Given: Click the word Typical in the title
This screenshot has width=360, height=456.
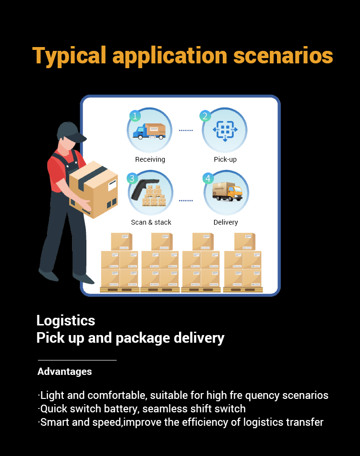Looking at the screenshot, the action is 69,56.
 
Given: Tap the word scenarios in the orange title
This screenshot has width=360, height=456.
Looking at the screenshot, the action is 283,55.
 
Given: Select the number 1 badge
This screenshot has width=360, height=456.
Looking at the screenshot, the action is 135,116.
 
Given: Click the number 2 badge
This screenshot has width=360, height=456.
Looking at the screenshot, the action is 205,116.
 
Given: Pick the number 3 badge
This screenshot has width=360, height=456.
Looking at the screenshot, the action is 132,178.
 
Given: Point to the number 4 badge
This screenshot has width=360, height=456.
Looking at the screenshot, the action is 208,178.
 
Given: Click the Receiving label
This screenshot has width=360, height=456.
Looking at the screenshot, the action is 150,159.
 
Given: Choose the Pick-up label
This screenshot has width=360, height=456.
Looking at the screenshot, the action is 226,159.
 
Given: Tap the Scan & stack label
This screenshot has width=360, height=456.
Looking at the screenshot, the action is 151,222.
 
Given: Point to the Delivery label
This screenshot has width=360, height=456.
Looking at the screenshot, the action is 226,222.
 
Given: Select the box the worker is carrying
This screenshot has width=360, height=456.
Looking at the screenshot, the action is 94,189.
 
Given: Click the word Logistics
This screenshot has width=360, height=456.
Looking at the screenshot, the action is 66,321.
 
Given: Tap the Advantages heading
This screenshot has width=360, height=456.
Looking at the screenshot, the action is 64,372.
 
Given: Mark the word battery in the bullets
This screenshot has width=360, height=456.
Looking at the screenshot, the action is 120,409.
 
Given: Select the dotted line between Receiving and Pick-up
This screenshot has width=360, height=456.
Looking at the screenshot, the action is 186,130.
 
